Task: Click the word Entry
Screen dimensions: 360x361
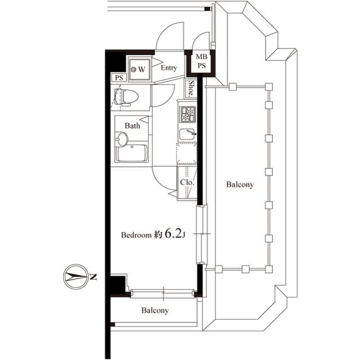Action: pyautogui.click(x=169, y=68)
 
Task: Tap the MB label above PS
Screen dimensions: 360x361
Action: pyautogui.click(x=201, y=57)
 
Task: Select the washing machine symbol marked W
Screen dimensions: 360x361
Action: pyautogui.click(x=138, y=69)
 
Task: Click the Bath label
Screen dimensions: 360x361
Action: pyautogui.click(x=133, y=126)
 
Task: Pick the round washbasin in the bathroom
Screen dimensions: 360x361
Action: pyautogui.click(x=122, y=139)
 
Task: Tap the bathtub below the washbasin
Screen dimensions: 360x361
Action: pyautogui.click(x=132, y=153)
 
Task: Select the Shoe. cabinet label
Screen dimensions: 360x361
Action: pyautogui.click(x=192, y=88)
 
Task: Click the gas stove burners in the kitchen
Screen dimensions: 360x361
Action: pyautogui.click(x=187, y=114)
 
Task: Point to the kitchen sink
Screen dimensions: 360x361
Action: pyautogui.click(x=187, y=134)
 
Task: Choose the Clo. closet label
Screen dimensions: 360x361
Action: pyautogui.click(x=187, y=183)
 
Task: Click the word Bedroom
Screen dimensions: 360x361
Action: pyautogui.click(x=137, y=235)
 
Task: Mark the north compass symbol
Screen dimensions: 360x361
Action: pyautogui.click(x=74, y=276)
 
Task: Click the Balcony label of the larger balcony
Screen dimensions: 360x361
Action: pyautogui.click(x=240, y=184)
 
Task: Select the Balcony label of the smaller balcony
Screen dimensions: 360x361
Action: pyautogui.click(x=155, y=310)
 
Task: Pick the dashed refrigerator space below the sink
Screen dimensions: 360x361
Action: pyautogui.click(x=187, y=153)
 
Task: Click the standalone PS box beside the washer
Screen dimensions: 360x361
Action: pyautogui.click(x=118, y=78)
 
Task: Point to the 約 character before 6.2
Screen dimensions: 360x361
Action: pyautogui.click(x=159, y=235)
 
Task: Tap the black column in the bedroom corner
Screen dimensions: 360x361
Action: pyautogui.click(x=117, y=285)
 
